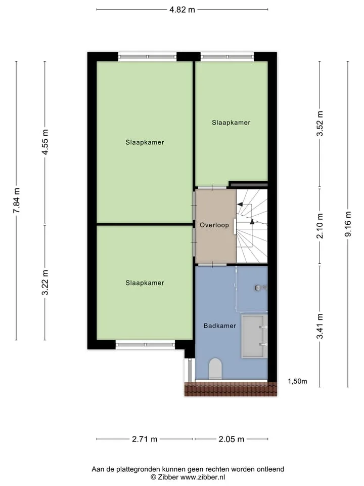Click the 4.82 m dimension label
point(182,10)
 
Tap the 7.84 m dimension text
point(16,200)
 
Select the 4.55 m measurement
point(45,142)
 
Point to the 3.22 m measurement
point(45,282)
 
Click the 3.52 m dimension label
point(320,123)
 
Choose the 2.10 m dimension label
point(320,226)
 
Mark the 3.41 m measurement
point(320,326)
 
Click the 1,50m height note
point(297,381)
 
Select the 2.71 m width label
point(145,439)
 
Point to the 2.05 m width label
point(232,439)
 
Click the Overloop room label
point(214,225)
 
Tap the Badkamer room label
point(220,326)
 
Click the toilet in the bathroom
point(215,369)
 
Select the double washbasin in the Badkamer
point(254,336)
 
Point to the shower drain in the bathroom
point(258,288)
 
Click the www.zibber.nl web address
point(203,477)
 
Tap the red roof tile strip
point(231,389)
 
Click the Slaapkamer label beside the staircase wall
point(231,123)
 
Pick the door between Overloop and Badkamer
point(212,265)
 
